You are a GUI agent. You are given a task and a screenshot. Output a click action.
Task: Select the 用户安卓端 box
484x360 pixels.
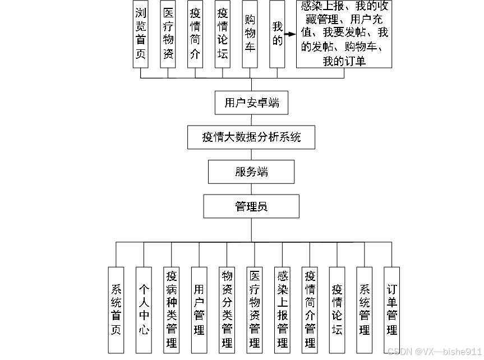pyautogui.click(x=251, y=103)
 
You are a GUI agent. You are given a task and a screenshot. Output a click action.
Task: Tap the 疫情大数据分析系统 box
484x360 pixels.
pyautogui.click(x=251, y=137)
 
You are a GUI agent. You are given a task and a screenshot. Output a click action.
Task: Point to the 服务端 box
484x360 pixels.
pyautogui.click(x=251, y=172)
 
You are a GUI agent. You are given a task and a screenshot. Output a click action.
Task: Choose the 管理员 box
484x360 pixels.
pyautogui.click(x=251, y=206)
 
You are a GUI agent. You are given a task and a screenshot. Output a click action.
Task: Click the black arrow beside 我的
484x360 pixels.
pyautogui.click(x=289, y=34)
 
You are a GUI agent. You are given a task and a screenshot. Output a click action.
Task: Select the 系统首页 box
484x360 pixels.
pyautogui.click(x=116, y=310)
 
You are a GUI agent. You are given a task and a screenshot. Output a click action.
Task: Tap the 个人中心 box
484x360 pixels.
pyautogui.click(x=144, y=310)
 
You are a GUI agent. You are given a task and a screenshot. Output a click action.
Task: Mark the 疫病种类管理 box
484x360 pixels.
pyautogui.click(x=172, y=310)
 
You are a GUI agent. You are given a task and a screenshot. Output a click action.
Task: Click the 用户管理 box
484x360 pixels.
pyautogui.click(x=199, y=310)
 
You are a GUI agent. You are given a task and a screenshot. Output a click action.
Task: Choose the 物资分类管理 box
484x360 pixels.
pyautogui.click(x=227, y=310)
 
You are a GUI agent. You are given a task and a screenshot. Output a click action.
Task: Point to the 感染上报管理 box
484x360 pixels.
pyautogui.click(x=282, y=310)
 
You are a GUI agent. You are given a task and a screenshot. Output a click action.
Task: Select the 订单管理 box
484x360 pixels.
pyautogui.click(x=392, y=310)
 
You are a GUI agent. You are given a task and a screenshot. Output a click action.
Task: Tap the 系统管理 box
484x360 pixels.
pyautogui.click(x=365, y=310)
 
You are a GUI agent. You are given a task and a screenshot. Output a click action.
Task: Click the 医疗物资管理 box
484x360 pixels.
pyautogui.click(x=255, y=310)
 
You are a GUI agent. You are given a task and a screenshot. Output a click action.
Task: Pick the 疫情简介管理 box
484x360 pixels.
pyautogui.click(x=310, y=310)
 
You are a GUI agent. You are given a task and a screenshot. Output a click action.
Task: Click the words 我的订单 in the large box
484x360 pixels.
pyautogui.click(x=344, y=61)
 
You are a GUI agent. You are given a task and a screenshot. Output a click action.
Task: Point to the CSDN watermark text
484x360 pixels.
pyautogui.click(x=434, y=351)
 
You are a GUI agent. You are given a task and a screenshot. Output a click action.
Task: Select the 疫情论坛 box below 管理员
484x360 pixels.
pyautogui.click(x=337, y=310)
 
